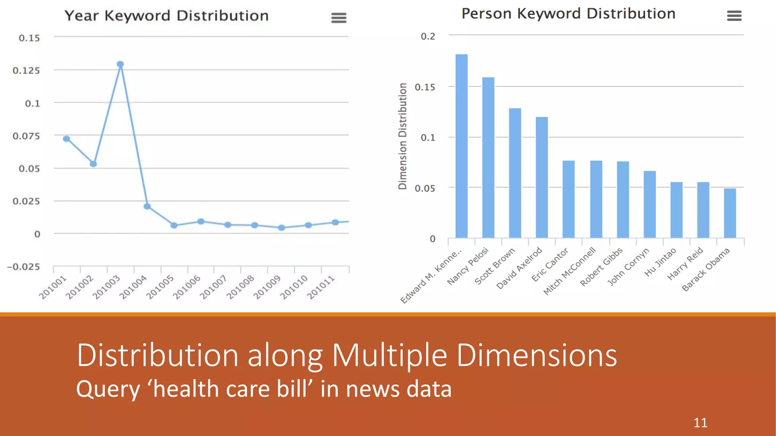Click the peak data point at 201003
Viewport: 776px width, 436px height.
click(120, 64)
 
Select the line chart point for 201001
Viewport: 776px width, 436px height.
click(66, 139)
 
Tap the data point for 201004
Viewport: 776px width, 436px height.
click(147, 206)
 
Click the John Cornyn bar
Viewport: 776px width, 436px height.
click(649, 204)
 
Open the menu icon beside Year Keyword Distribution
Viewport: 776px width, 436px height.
click(339, 18)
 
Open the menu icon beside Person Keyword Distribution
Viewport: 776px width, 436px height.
click(734, 16)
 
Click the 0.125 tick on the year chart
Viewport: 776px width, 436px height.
click(26, 70)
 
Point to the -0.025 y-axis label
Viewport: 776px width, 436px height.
click(23, 267)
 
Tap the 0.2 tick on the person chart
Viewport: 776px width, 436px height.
click(428, 36)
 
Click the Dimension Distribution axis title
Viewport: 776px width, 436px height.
click(402, 136)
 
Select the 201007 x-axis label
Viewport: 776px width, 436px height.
click(213, 287)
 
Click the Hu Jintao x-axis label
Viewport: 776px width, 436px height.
click(660, 262)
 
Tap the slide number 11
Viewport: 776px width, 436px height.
click(700, 423)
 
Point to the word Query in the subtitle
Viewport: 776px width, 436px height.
click(108, 389)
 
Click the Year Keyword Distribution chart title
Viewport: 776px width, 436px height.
click(166, 16)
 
